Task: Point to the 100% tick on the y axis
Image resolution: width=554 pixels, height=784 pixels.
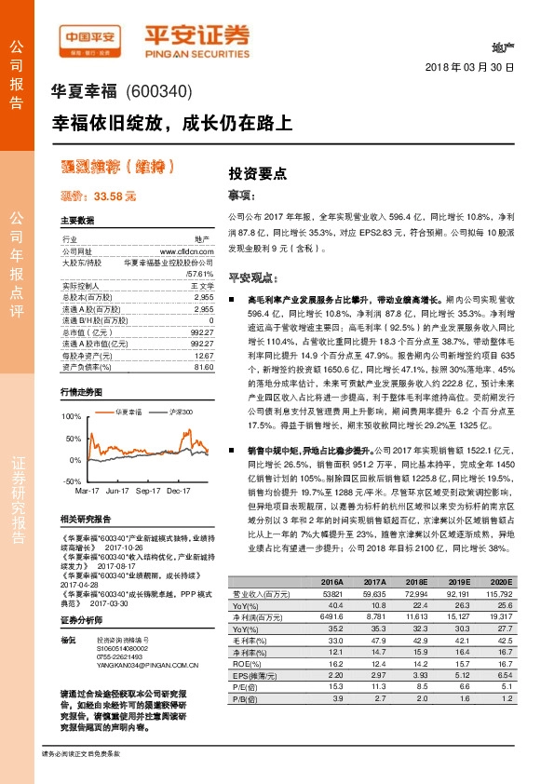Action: pos(70,416)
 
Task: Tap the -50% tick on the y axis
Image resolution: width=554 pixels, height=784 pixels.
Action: pos(71,480)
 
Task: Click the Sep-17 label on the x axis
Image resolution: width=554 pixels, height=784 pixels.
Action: pos(148,490)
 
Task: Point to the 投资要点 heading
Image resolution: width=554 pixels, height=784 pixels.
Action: pos(258,174)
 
